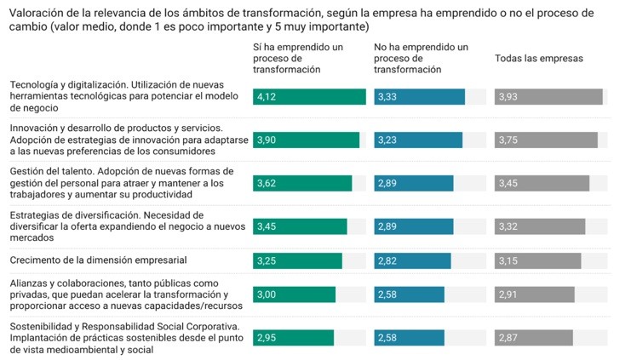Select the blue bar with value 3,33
[419, 97]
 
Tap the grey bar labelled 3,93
[548, 97]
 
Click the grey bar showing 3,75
[546, 140]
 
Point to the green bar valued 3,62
[302, 183]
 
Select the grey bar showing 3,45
[542, 183]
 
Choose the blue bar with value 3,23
[418, 140]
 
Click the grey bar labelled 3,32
[540, 226]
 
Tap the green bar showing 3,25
[297, 260]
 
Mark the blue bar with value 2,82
[412, 260]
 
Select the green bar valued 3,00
[294, 294]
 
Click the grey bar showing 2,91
[534, 294]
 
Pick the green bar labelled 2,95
[293, 338]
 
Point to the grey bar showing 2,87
[533, 338]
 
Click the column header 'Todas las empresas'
[539, 58]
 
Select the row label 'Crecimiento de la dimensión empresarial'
[98, 260]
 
